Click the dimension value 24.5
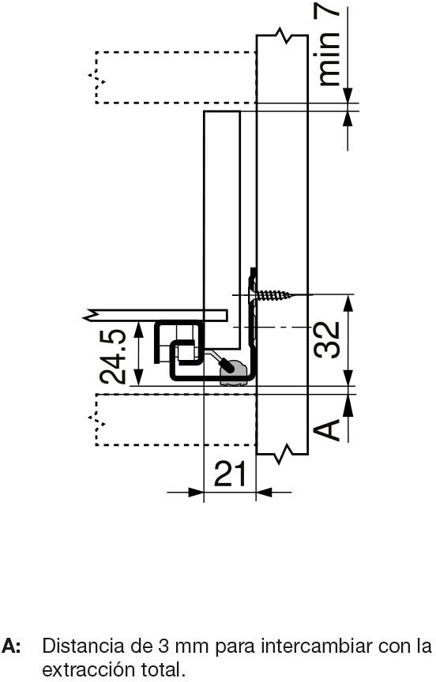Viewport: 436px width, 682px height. point(113,357)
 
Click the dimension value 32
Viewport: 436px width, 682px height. point(327,339)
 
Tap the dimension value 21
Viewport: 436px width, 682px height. point(230,474)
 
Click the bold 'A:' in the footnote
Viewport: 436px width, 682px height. point(11,646)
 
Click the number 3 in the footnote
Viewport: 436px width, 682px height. point(160,646)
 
